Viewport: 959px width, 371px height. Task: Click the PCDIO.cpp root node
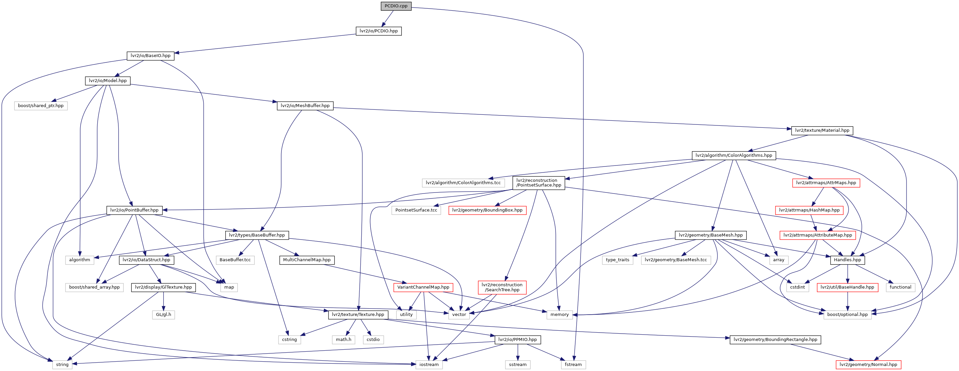396,6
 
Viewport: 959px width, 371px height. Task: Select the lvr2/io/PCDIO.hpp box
379,31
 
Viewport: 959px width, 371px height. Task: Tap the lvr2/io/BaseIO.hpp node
150,56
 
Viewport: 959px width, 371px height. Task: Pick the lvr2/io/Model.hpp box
108,81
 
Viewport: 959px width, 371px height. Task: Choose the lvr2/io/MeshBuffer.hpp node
305,105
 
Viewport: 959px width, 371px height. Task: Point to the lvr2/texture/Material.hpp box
822,130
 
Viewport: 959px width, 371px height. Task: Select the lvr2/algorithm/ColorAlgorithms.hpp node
733,155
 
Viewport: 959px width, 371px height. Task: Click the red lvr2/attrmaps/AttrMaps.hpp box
826,182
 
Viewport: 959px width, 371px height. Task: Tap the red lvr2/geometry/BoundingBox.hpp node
487,210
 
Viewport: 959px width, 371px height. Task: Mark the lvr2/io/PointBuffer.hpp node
134,210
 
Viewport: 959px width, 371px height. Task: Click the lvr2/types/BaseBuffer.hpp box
256,235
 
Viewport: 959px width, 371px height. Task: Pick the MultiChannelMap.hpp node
307,260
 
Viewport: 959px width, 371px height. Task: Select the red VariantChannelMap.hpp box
423,287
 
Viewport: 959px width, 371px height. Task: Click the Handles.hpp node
847,260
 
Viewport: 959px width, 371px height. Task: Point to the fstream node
573,364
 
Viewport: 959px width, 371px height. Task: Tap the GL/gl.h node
163,315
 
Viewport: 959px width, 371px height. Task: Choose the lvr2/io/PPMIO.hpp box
517,339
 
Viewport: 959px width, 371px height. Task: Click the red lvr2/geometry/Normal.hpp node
868,364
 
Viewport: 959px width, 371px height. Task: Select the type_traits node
617,260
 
